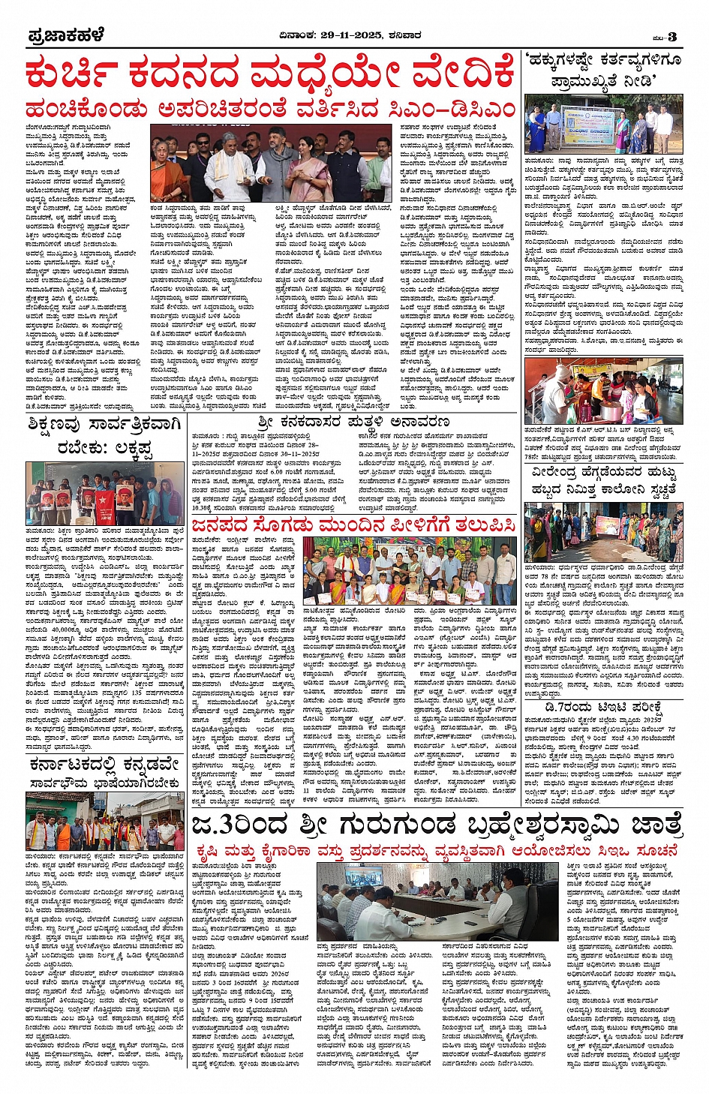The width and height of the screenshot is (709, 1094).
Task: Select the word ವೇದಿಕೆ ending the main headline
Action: pos(463,76)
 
